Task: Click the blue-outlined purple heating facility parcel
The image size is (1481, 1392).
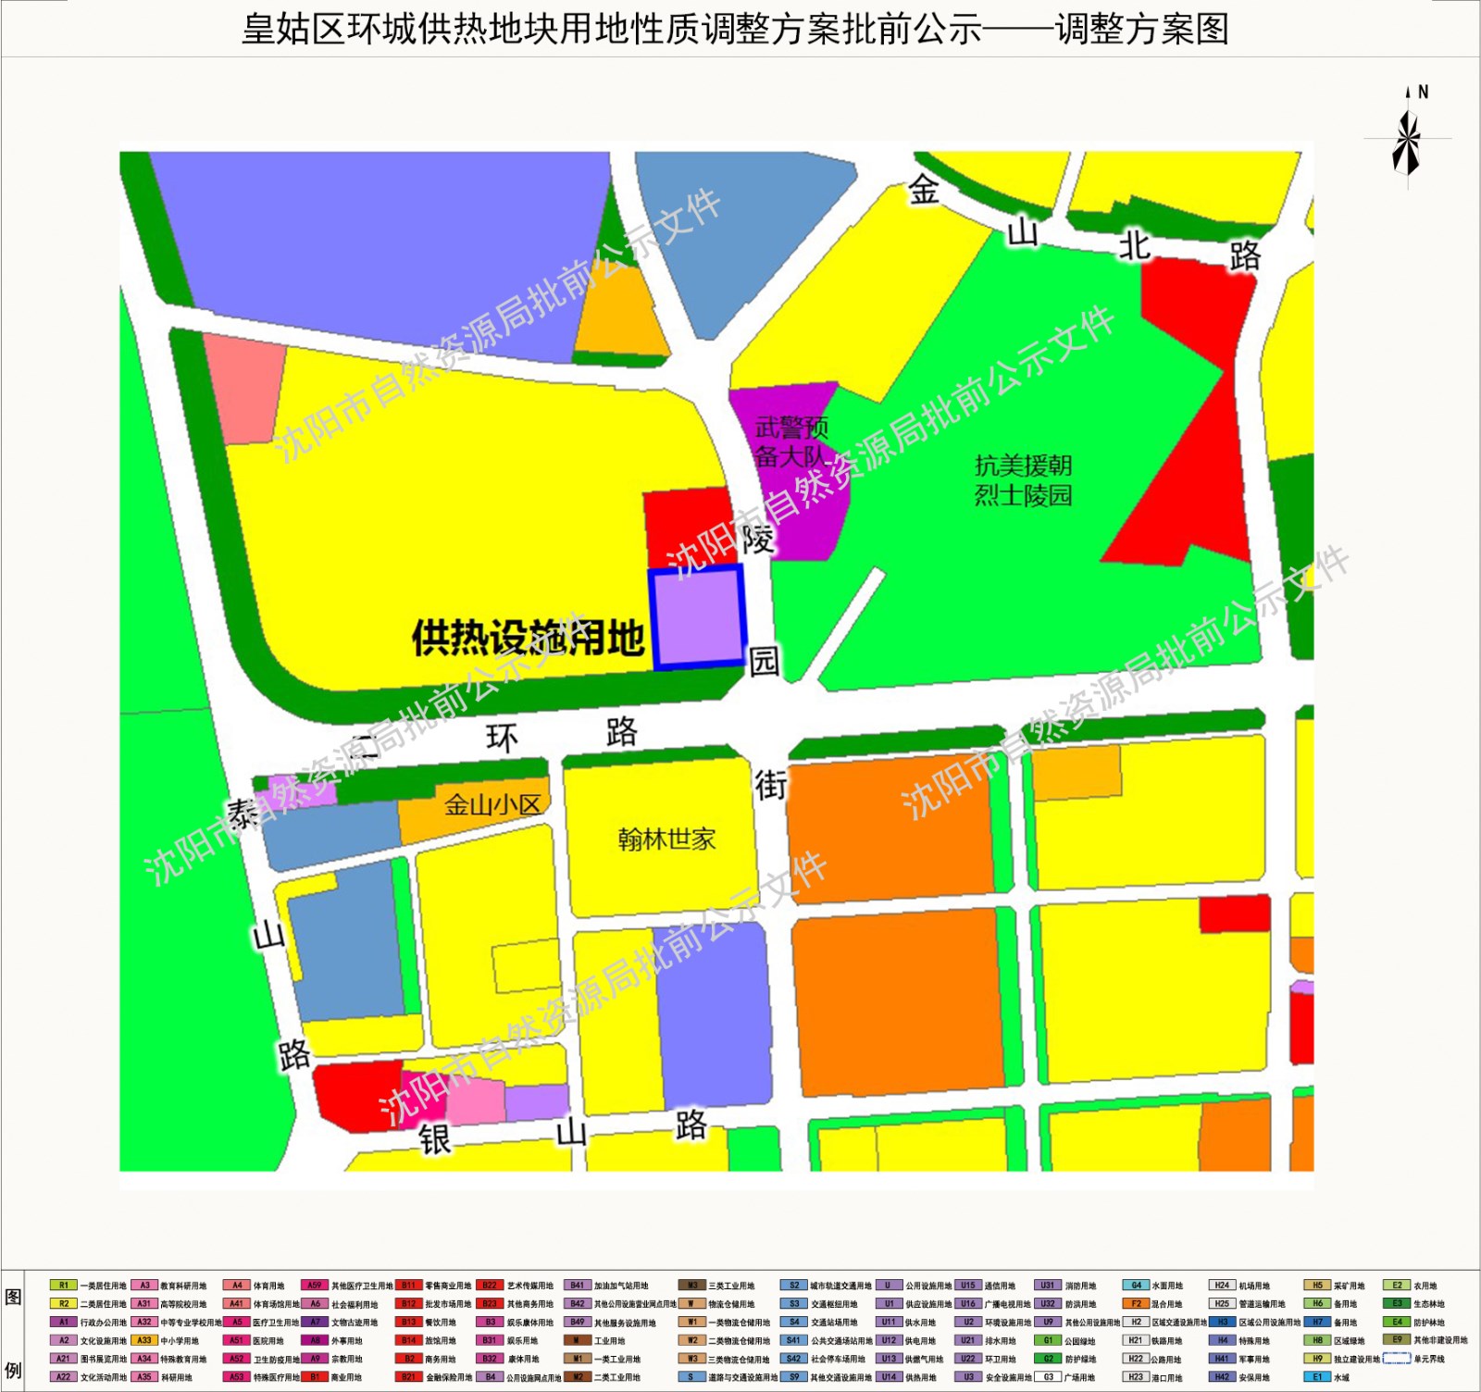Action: pyautogui.click(x=698, y=617)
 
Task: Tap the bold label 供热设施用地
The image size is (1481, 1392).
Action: pyautogui.click(x=528, y=638)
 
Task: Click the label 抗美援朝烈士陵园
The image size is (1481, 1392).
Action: pyautogui.click(x=1023, y=480)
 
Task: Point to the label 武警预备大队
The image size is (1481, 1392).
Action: pyautogui.click(x=790, y=441)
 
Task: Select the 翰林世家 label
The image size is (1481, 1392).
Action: pyautogui.click(x=666, y=839)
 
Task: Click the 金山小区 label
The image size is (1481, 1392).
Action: pyautogui.click(x=492, y=804)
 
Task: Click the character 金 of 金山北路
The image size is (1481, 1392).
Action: pyautogui.click(x=923, y=190)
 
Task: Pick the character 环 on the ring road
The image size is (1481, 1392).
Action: pyautogui.click(x=502, y=739)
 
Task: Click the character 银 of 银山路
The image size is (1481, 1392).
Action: pyautogui.click(x=435, y=1139)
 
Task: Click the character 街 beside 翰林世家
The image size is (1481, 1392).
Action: pyautogui.click(x=770, y=785)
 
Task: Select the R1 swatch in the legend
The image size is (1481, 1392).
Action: pyautogui.click(x=63, y=1285)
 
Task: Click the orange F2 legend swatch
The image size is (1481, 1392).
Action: pyautogui.click(x=1136, y=1303)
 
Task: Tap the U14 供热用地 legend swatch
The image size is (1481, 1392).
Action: pyautogui.click(x=889, y=1377)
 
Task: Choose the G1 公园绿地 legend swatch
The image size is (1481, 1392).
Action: pyautogui.click(x=1048, y=1340)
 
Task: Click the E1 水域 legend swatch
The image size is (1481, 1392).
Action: pyautogui.click(x=1316, y=1377)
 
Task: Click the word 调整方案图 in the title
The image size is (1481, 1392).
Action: pyautogui.click(x=1142, y=30)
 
